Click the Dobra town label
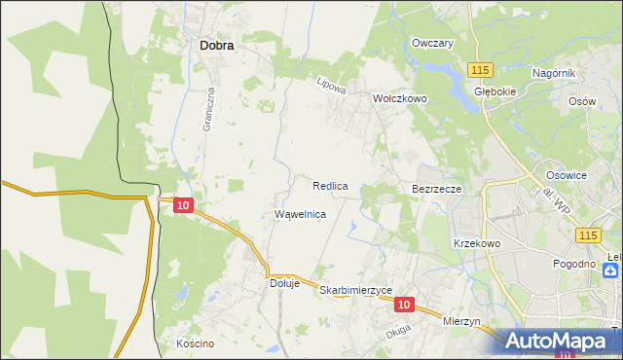coord(222,44)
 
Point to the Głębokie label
coord(494,90)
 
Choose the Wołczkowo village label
coord(400,98)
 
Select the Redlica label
coord(331,185)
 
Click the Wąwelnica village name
coord(300,214)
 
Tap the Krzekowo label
coord(477,243)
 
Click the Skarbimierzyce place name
coord(355,290)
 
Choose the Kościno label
coord(195,343)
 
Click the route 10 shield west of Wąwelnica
coord(184,204)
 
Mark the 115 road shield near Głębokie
coord(479,70)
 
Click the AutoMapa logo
coord(555,341)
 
